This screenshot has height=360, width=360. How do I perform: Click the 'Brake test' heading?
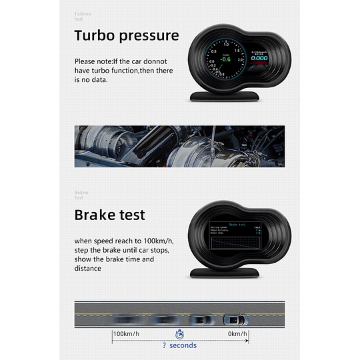[109, 215]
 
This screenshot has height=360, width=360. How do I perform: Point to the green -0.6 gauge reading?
[227, 59]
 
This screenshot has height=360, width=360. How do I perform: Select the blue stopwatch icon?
[179, 334]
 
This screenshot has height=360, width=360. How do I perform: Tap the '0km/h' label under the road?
[237, 333]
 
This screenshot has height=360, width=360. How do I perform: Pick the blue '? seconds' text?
[179, 345]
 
